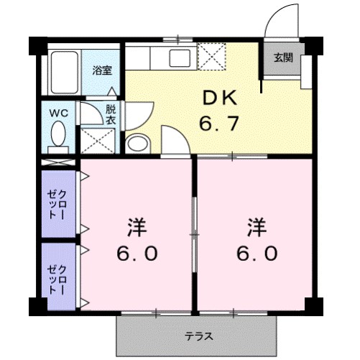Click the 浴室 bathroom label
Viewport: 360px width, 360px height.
coord(102,70)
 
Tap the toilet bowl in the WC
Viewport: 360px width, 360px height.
coord(59,134)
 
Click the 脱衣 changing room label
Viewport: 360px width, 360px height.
coord(111,115)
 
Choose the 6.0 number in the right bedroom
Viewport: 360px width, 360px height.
coord(257,255)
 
